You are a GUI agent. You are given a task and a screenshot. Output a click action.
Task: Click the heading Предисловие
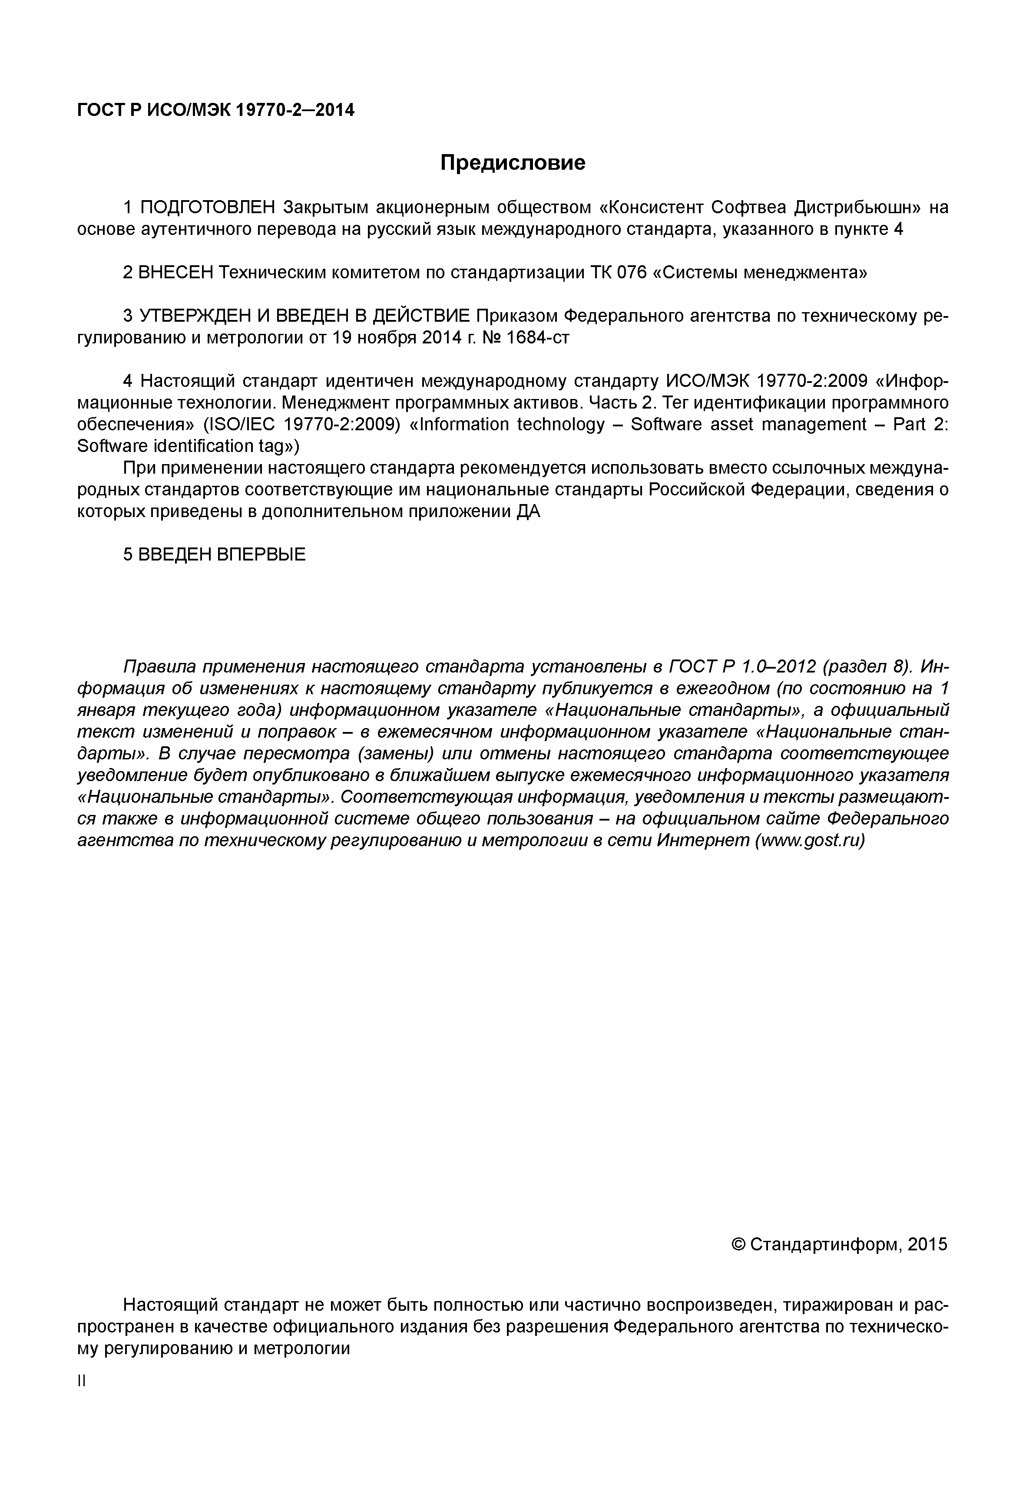point(513,163)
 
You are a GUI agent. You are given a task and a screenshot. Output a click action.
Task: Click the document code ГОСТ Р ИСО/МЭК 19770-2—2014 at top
point(215,111)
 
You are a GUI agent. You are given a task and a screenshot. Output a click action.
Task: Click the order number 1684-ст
point(537,338)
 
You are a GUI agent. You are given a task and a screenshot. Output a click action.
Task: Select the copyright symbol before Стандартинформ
point(738,1245)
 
